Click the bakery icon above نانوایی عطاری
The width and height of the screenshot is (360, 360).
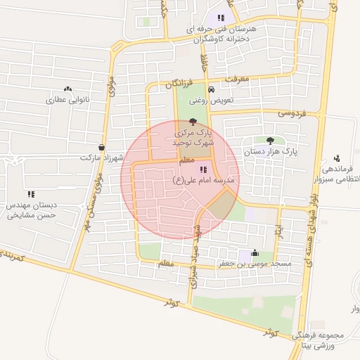point(67,89)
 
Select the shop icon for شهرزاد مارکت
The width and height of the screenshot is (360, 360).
point(102,148)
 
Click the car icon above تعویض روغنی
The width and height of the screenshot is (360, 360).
point(211,89)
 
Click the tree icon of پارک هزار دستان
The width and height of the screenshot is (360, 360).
point(271,141)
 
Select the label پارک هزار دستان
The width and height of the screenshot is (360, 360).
point(271,151)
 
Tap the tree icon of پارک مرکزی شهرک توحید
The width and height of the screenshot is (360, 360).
point(193,122)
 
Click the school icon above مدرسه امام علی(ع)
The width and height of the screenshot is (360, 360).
point(203,169)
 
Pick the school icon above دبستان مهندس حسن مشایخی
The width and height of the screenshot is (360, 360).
point(30,194)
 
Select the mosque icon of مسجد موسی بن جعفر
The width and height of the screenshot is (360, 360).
point(254,253)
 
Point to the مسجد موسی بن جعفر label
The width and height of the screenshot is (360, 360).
point(254,264)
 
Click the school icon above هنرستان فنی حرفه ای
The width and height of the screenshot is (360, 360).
point(221,18)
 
